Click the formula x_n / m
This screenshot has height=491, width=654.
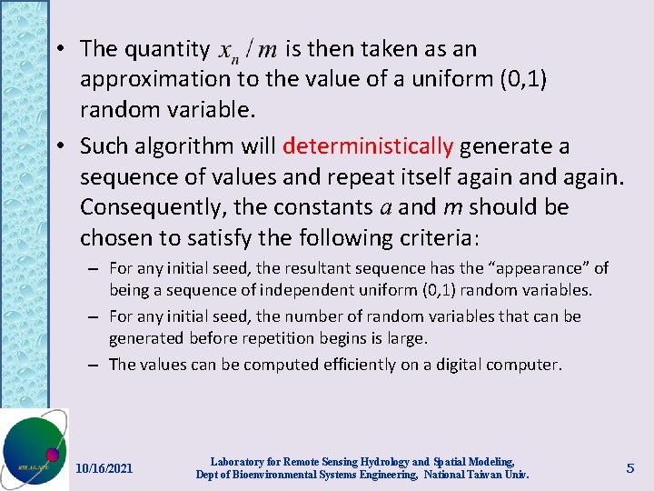247,49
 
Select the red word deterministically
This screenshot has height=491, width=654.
368,145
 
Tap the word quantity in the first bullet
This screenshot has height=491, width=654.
167,49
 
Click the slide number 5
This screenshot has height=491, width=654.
630,468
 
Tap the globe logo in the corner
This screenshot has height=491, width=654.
34,450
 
